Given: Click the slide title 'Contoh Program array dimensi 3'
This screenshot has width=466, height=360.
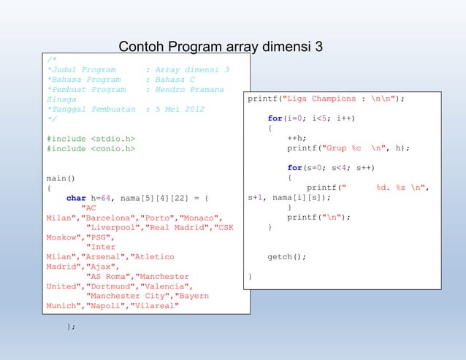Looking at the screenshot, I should click(x=221, y=48).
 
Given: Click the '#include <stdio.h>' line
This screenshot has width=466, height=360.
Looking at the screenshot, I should click(x=91, y=138).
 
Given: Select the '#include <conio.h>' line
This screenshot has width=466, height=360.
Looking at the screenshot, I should click(x=91, y=148).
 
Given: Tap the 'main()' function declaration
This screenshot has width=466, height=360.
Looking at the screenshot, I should click(x=61, y=177).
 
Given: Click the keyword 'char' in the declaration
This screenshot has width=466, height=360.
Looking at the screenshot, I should click(x=76, y=197).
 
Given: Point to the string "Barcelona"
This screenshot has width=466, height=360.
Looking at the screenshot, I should click(x=108, y=218).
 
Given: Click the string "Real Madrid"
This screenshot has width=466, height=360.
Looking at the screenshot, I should click(x=179, y=227).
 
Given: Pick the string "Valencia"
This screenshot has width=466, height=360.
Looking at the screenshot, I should click(x=164, y=287).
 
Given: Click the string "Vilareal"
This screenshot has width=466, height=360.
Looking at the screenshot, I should click(x=154, y=306).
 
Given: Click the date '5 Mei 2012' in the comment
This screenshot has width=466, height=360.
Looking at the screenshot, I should click(x=180, y=109).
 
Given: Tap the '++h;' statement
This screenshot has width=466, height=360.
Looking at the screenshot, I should click(x=296, y=138).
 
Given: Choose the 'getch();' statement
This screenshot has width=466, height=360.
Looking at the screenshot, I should click(x=286, y=257).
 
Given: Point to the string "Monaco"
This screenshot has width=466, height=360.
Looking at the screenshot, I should click(x=199, y=218).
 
